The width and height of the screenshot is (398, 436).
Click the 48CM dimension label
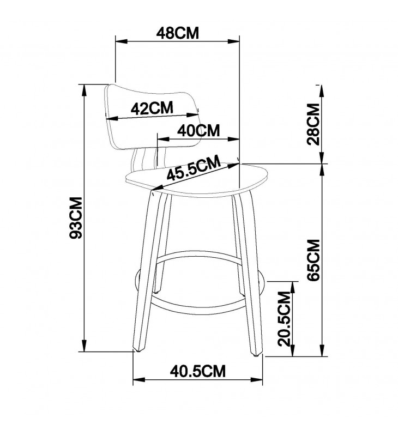coord(177,33)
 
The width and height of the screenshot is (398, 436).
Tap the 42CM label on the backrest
coord(152,108)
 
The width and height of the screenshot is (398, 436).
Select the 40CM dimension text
coord(198,130)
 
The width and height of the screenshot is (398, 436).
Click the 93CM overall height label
coord(76,217)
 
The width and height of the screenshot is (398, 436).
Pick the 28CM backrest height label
coord(313,124)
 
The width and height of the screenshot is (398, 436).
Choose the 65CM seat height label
coord(314,260)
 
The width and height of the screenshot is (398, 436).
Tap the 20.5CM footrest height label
coord(284,319)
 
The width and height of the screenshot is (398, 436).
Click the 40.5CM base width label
coord(198,371)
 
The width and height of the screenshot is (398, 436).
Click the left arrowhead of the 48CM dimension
coord(121,42)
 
